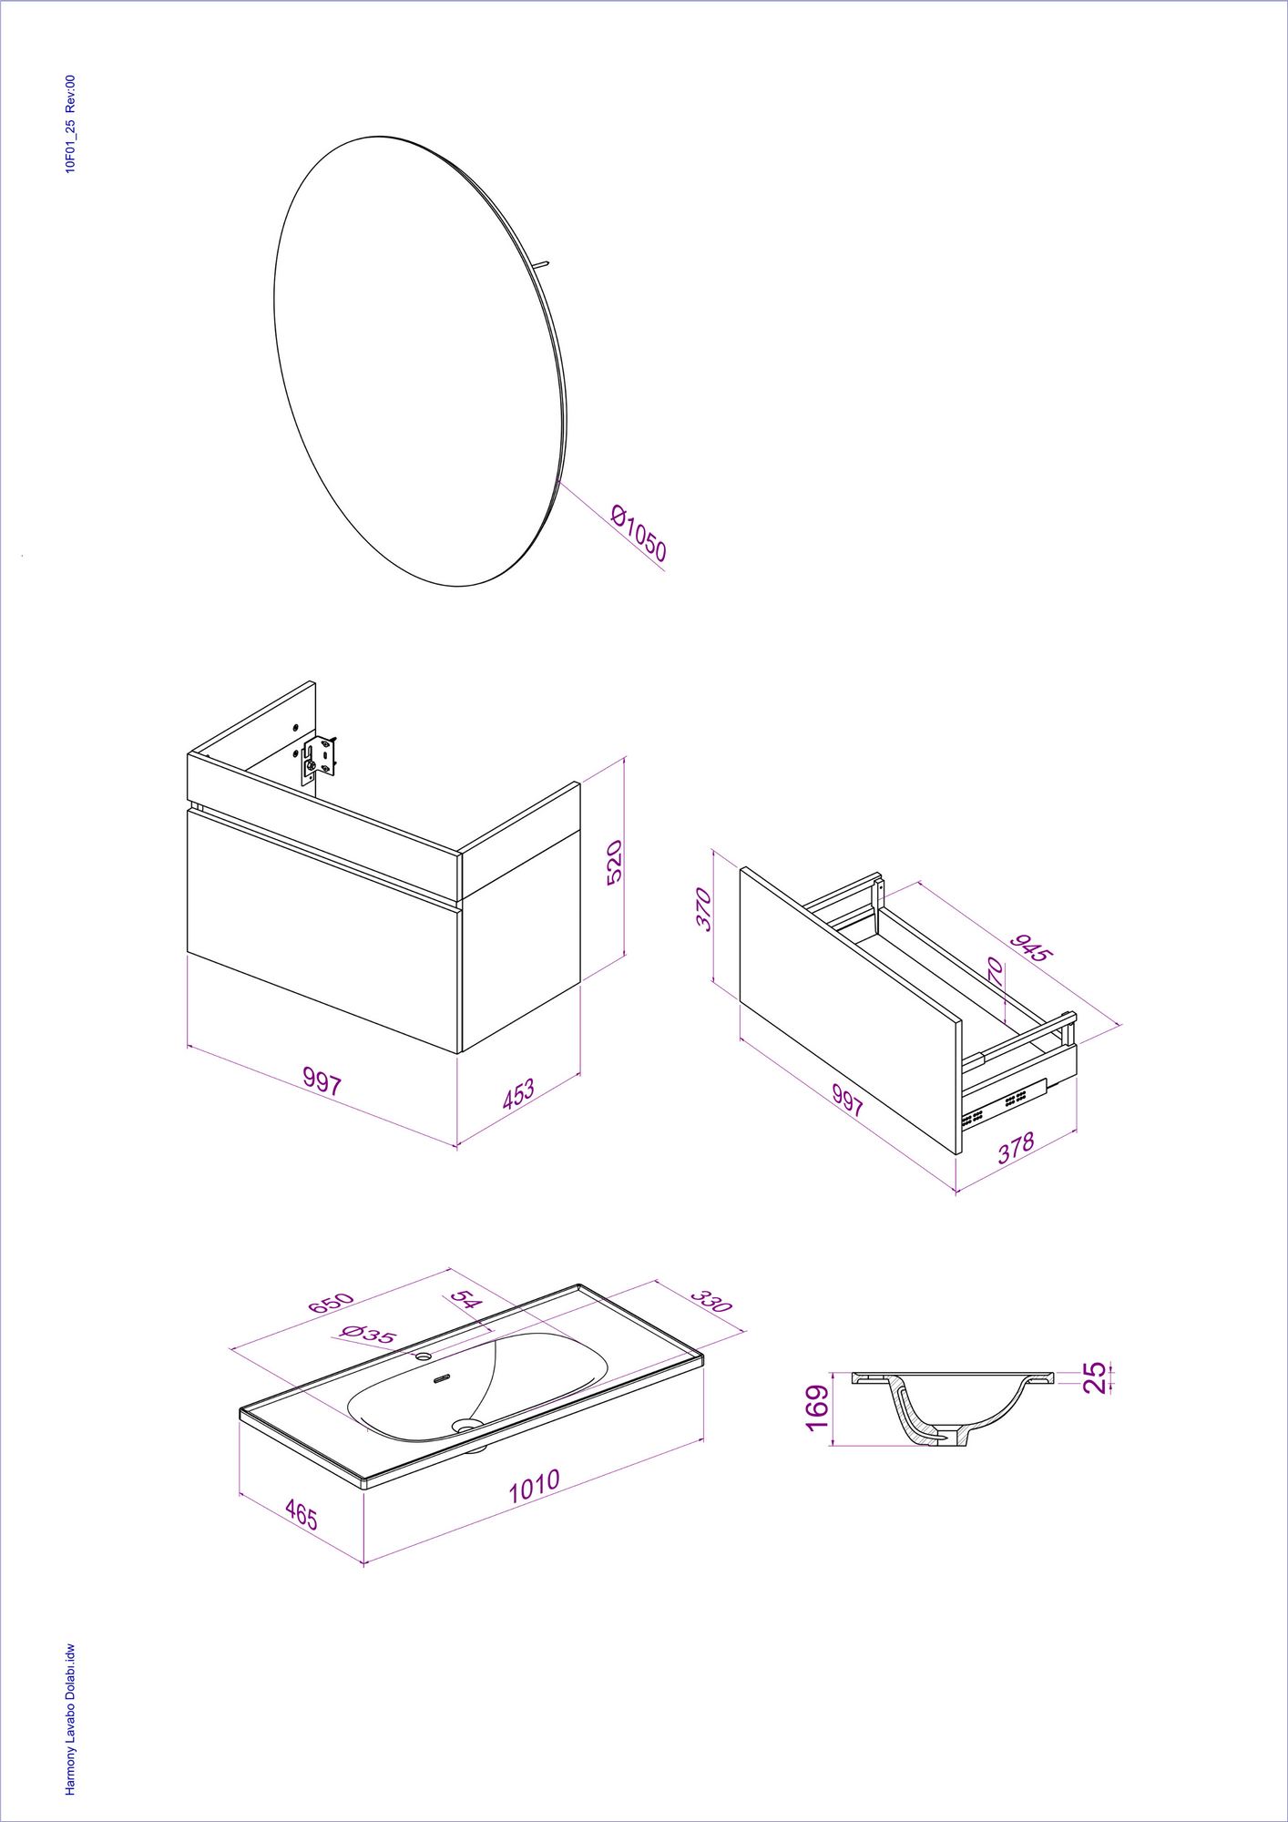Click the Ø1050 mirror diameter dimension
639,533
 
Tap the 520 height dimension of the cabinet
614,862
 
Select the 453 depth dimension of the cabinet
518,1094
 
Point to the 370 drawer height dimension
704,908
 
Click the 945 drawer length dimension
1033,947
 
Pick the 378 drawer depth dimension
1016,1147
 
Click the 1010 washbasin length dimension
534,1486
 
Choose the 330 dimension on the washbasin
710,1300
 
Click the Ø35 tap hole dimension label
368,1335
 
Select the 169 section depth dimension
817,1407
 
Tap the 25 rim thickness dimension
1095,1377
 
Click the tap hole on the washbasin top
423,1356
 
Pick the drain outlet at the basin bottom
467,1423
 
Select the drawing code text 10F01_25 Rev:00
70,124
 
